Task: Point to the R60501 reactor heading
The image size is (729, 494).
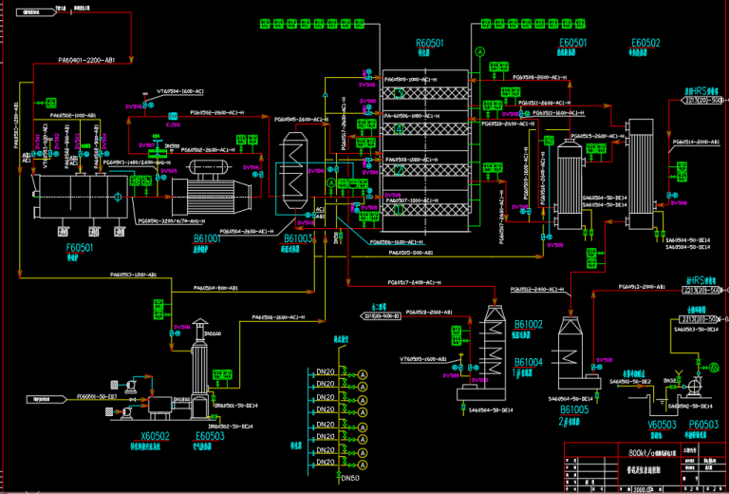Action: click(429, 43)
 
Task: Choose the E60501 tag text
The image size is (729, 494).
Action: click(572, 43)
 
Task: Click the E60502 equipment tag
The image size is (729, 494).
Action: click(645, 43)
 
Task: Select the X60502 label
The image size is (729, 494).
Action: click(155, 436)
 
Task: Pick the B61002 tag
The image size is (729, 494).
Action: click(528, 325)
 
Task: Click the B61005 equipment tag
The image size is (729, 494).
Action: click(573, 408)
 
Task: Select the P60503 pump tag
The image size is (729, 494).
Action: click(703, 425)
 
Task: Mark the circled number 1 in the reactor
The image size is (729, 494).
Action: click(400, 94)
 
